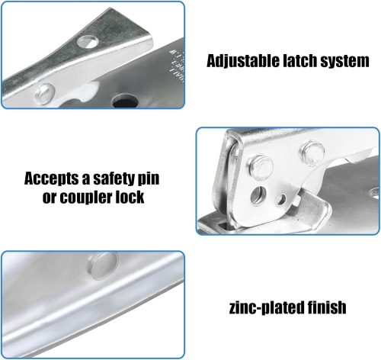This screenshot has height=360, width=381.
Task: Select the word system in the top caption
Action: tap(344, 62)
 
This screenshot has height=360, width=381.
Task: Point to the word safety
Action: tap(114, 178)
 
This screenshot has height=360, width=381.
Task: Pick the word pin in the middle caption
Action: tap(149, 179)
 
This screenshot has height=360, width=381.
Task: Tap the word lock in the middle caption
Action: tap(130, 196)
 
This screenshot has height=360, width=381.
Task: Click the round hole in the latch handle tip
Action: tap(88, 42)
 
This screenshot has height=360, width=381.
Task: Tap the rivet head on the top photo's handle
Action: tap(45, 93)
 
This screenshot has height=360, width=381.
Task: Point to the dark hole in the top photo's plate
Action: tap(125, 101)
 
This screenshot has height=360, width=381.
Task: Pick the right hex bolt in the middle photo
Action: tap(312, 153)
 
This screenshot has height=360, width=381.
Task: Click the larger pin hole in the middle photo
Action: tap(258, 195)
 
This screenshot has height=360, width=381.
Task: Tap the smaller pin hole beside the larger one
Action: tap(281, 199)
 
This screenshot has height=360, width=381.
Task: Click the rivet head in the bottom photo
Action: tap(103, 266)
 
